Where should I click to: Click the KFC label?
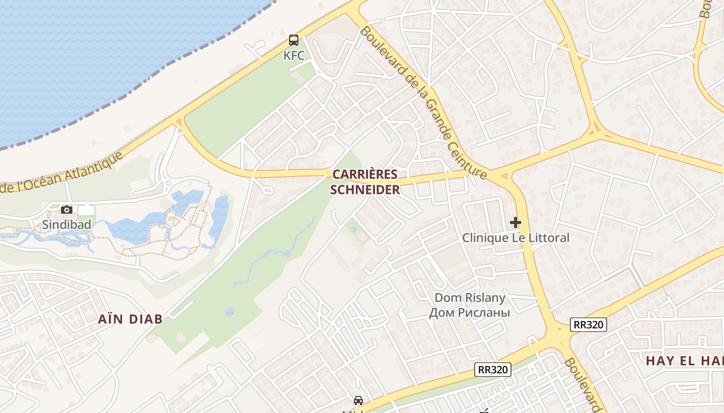(294, 55)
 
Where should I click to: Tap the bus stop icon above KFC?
(294, 40)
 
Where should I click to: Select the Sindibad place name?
(67, 225)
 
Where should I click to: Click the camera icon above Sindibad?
(67, 210)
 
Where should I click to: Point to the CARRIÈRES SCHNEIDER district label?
(365, 182)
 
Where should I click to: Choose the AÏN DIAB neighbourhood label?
(130, 319)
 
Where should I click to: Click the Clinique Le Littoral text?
(516, 238)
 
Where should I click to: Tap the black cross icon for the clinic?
(516, 223)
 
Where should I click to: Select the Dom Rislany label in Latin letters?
(470, 298)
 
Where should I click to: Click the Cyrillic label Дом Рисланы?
(470, 313)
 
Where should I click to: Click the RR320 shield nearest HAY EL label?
(589, 325)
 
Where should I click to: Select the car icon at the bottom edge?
(358, 401)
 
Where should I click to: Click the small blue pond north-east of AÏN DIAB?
(230, 312)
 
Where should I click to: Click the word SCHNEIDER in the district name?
(365, 190)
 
